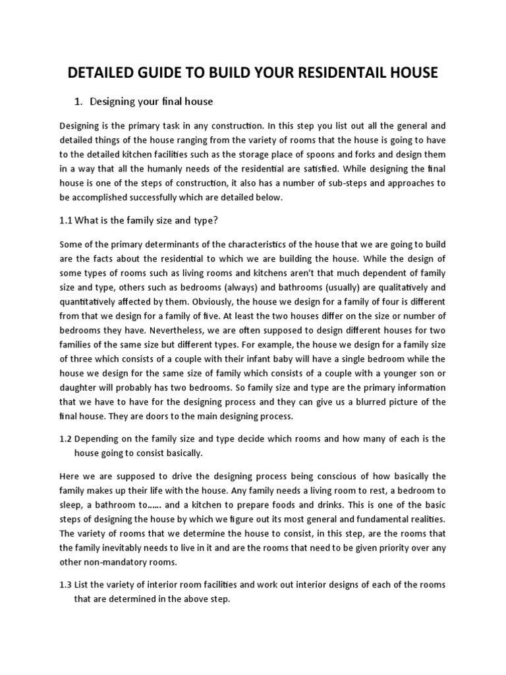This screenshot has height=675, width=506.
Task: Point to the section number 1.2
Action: point(66,438)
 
